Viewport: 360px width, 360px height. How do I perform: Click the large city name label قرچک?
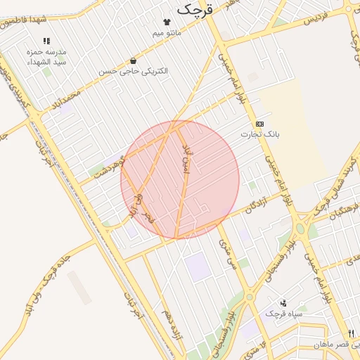(194, 9)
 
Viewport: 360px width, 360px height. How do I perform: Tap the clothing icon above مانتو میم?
(167, 22)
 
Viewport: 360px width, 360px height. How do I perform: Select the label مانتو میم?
(167, 33)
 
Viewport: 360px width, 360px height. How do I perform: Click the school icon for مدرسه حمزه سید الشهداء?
(47, 41)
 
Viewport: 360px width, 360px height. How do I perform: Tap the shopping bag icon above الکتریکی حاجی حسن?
(133, 61)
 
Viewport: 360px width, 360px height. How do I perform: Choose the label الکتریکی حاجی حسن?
(133, 72)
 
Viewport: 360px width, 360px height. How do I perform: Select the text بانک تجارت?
(259, 134)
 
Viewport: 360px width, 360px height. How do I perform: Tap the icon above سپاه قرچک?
(283, 302)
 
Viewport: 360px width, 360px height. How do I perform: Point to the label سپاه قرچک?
(283, 314)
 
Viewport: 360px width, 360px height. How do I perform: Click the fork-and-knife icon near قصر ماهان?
(351, 333)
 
